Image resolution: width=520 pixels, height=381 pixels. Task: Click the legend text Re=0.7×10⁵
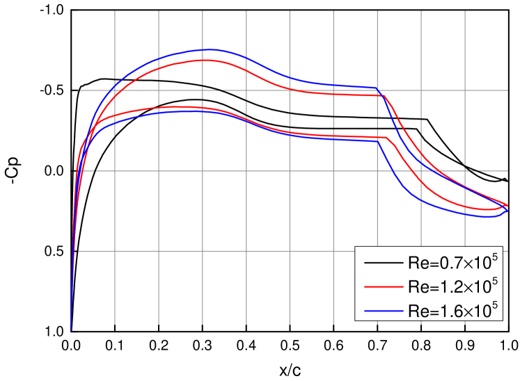(452, 264)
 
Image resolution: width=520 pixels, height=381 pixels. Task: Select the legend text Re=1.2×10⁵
(452, 286)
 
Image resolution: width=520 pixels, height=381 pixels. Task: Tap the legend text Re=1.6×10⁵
(452, 310)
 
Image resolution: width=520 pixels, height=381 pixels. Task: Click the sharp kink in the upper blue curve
(377, 88)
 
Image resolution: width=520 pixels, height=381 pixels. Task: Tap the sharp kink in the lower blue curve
(379, 142)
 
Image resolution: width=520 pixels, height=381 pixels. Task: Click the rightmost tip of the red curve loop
(508, 206)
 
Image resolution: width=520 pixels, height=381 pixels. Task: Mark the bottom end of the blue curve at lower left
(71, 331)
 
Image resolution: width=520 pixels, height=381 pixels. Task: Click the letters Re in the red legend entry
(415, 287)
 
